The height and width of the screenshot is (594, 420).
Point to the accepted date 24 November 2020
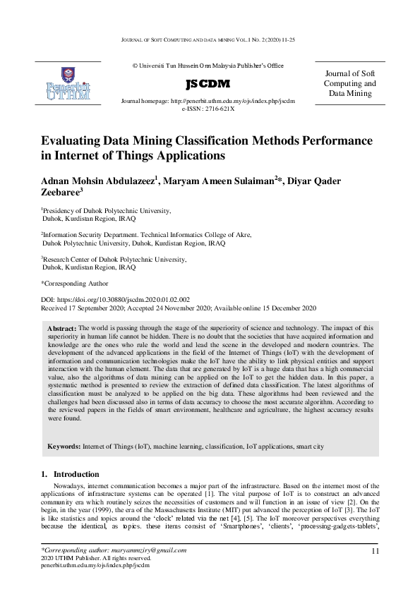[186, 308]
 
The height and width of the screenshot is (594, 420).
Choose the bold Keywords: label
[64, 447]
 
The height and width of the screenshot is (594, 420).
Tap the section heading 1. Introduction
[70, 474]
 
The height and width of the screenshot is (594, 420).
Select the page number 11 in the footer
[375, 550]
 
